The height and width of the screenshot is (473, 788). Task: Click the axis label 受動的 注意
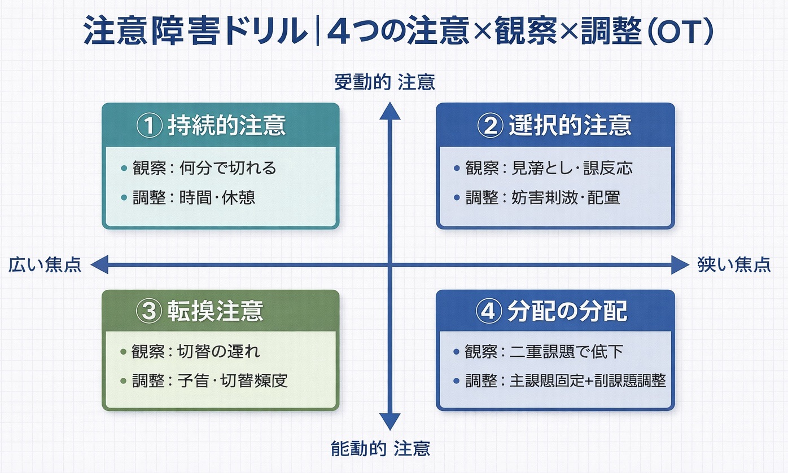384,83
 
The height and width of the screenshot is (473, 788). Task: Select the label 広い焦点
45,264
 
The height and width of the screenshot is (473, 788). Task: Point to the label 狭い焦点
734,264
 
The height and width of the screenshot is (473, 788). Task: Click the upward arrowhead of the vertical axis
389,111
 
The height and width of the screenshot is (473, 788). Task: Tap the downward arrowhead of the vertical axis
389,421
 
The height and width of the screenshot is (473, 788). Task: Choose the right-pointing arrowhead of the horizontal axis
680,264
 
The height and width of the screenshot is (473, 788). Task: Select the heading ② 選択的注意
555,126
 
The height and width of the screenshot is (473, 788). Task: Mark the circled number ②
489,126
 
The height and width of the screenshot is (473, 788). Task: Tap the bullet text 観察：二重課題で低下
544,352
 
